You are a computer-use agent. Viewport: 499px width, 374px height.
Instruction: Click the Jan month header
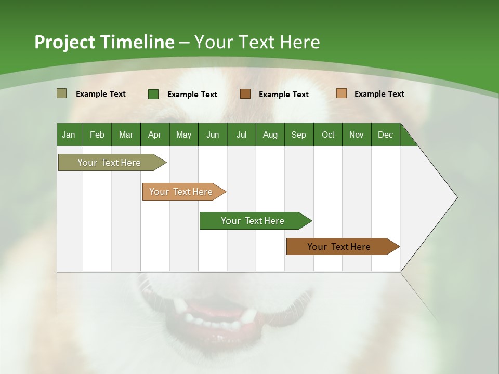(69, 135)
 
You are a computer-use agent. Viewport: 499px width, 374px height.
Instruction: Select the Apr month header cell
(154, 135)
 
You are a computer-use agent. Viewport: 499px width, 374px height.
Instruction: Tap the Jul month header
(241, 135)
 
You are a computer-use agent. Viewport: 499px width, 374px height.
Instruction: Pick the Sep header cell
(298, 135)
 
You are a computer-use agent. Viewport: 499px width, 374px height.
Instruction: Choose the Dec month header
(385, 135)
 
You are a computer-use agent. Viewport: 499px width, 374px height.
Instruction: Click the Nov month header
(356, 135)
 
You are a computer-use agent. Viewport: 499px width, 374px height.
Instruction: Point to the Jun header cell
(212, 135)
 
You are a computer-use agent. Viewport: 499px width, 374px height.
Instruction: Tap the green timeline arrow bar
(253, 221)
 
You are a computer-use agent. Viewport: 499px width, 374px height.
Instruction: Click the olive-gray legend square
(61, 94)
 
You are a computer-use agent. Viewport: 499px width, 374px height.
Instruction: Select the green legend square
(153, 94)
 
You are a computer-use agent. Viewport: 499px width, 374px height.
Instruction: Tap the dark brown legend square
(245, 94)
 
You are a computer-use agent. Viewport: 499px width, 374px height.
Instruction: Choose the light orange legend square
(341, 94)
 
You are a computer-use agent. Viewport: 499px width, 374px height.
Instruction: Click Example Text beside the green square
(192, 95)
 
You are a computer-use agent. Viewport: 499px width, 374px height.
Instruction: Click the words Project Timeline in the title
(104, 42)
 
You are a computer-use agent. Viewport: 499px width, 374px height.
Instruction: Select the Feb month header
(97, 135)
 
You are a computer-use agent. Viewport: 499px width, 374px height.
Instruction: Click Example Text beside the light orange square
(379, 94)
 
